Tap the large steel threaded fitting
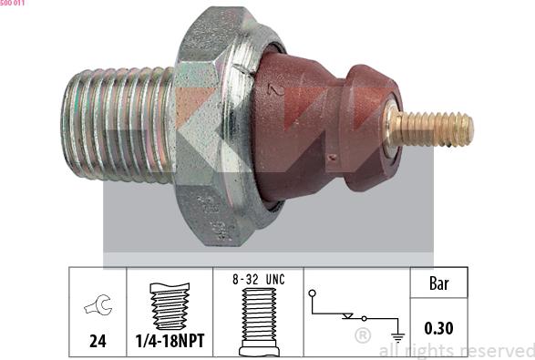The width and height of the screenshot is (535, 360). click(118, 124)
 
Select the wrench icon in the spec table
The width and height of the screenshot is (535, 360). click(98, 304)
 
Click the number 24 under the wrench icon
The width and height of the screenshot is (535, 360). click(98, 341)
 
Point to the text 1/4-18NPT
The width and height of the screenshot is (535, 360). click(170, 341)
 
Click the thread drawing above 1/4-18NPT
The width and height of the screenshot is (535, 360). click(170, 306)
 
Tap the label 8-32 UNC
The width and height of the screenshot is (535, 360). click(259, 280)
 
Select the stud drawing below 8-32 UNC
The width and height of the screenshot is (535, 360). click(259, 322)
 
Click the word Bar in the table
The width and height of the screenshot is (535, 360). click(438, 283)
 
